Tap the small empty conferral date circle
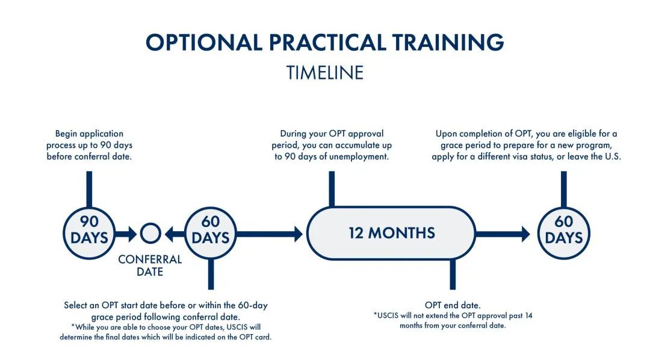pos(150,225)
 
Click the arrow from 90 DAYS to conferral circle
pos(126,234)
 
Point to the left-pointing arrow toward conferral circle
pos(175,234)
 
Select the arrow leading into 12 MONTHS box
pos(270,234)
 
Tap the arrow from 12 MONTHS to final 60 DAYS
pos(503,234)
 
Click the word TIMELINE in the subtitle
pos(325,73)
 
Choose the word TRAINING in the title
pos(448,42)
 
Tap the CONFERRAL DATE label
pos(150,265)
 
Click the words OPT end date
pos(453,305)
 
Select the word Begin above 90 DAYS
pos(66,134)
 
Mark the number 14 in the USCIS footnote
pos(528,315)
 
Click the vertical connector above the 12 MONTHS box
pos(332,189)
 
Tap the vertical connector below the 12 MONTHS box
pos(453,274)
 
